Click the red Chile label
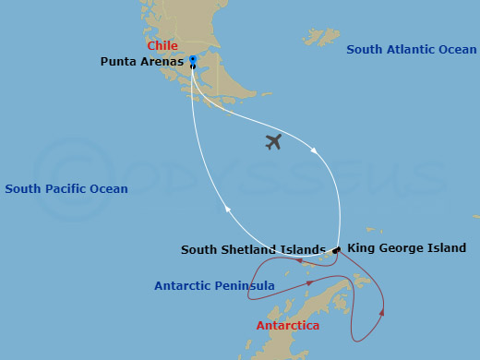(x=162, y=45)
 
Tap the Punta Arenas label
(x=142, y=62)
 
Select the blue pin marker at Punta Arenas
(x=193, y=60)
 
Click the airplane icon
(x=272, y=141)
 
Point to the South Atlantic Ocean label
(x=412, y=49)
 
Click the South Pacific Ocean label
(x=66, y=189)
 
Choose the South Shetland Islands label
(x=253, y=249)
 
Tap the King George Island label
(x=407, y=248)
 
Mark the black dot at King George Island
(x=338, y=249)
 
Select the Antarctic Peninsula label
(x=214, y=286)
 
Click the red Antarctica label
(x=288, y=326)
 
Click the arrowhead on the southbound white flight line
(x=317, y=150)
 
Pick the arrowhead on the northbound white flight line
(x=229, y=210)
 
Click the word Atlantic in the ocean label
(x=411, y=49)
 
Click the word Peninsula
(x=246, y=286)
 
